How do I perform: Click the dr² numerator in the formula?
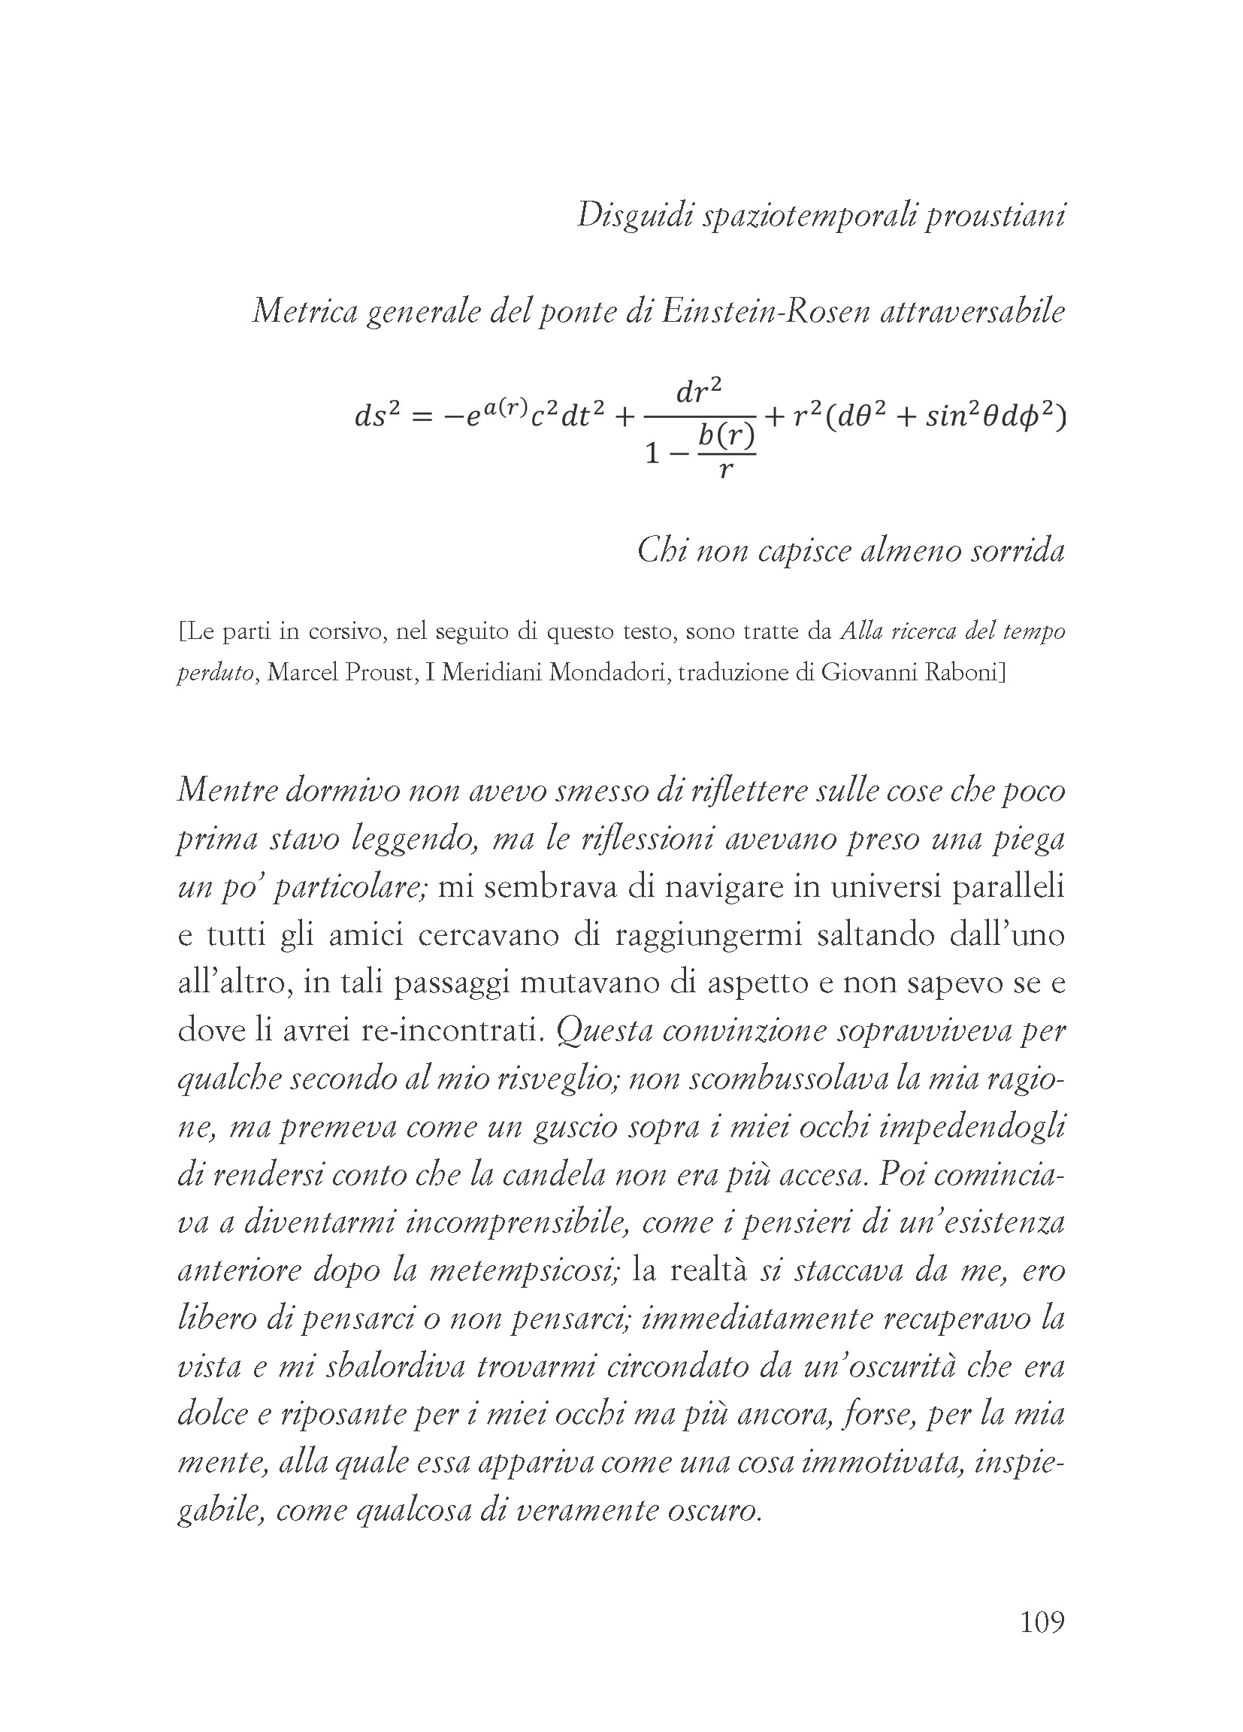700,392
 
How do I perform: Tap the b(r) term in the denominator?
725,436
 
